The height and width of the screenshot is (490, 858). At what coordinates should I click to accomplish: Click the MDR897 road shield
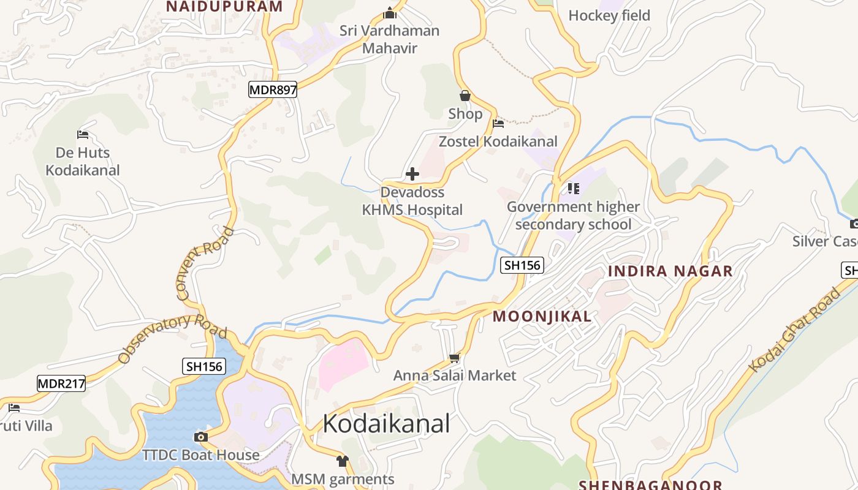(x=273, y=90)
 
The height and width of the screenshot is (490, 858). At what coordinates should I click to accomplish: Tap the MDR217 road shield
(x=61, y=384)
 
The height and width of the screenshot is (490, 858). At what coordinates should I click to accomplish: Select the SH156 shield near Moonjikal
(x=522, y=265)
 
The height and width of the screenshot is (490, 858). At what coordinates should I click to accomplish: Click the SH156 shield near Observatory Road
(x=204, y=367)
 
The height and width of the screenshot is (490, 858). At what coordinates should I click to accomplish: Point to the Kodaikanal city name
(x=386, y=423)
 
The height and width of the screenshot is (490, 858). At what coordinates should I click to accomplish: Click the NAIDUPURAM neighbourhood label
(x=224, y=7)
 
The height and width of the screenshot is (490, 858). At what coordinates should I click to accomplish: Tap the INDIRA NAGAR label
(x=670, y=271)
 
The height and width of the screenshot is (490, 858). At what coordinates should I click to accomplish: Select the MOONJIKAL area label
(x=542, y=316)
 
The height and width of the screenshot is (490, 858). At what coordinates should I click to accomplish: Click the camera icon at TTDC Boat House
(x=200, y=437)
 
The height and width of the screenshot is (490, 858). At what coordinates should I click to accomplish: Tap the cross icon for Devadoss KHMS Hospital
(x=412, y=174)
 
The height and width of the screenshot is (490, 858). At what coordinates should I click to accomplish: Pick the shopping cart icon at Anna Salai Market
(x=454, y=357)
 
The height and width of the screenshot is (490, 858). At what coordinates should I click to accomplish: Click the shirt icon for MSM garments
(x=342, y=461)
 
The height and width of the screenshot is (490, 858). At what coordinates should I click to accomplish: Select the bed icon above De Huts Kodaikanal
(x=83, y=135)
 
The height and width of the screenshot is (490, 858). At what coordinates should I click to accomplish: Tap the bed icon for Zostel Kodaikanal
(x=498, y=124)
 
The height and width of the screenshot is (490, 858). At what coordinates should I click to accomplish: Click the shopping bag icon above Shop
(x=465, y=96)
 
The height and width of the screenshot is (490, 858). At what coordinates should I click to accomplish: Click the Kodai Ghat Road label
(x=795, y=330)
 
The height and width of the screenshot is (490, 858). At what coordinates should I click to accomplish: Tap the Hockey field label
(x=609, y=15)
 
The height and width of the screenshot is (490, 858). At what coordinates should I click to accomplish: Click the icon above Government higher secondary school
(x=573, y=188)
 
